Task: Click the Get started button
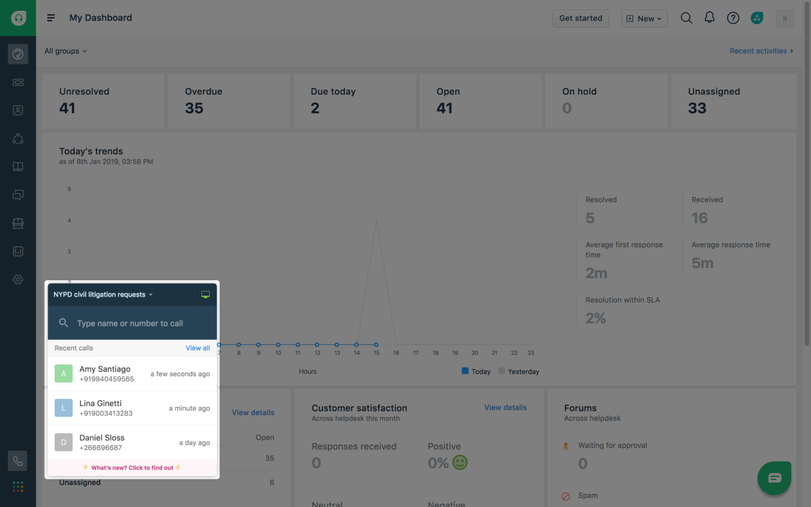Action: click(x=581, y=18)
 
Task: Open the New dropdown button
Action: click(x=644, y=18)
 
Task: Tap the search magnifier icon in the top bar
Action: click(x=686, y=18)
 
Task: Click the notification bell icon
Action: click(x=709, y=18)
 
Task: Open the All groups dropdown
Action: click(x=65, y=51)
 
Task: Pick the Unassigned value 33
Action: click(x=697, y=108)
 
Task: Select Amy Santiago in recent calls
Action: click(x=105, y=369)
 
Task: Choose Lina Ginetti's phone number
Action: click(x=106, y=413)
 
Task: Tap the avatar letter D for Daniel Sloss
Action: click(x=63, y=442)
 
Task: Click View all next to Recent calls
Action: click(x=198, y=348)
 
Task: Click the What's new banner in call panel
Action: click(x=132, y=468)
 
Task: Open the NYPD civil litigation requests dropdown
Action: click(x=103, y=294)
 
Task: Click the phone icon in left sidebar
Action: click(x=18, y=461)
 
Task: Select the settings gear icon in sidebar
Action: click(x=18, y=279)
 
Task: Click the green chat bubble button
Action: click(x=774, y=478)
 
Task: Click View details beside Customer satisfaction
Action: click(x=505, y=408)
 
